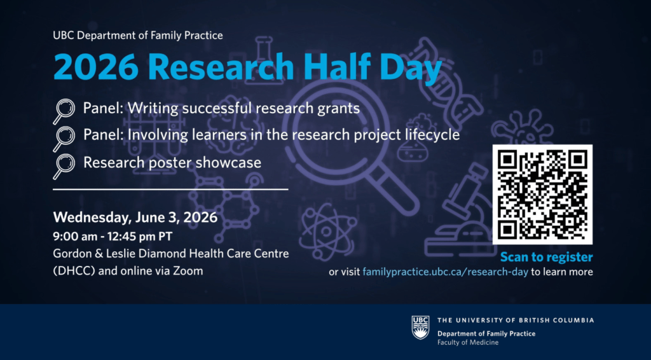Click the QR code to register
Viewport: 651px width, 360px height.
[542, 195]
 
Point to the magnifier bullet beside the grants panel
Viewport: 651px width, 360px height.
[64, 111]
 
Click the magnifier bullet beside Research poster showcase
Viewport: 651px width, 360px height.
[64, 166]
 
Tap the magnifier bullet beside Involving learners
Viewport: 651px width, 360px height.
[64, 139]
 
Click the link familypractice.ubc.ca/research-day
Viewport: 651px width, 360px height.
[445, 272]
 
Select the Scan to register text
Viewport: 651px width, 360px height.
[546, 258]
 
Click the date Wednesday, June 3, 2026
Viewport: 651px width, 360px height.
[135, 218]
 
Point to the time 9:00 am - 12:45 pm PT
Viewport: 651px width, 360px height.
[113, 237]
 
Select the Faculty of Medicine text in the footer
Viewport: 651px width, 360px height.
[468, 343]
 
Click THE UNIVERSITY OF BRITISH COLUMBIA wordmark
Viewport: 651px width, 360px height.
[516, 320]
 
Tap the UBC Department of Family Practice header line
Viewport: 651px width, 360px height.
[138, 36]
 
